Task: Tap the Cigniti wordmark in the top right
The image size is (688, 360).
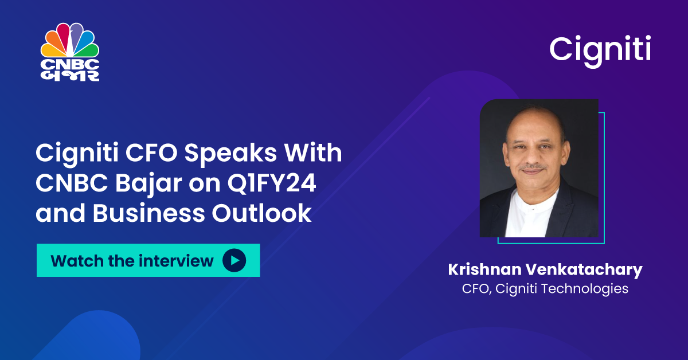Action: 600,49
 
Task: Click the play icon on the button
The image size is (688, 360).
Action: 234,261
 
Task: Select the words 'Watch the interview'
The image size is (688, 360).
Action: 132,261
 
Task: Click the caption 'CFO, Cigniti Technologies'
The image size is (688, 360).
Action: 545,288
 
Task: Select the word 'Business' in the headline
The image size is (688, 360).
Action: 141,213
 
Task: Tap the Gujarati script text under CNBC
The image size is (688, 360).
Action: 70,76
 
